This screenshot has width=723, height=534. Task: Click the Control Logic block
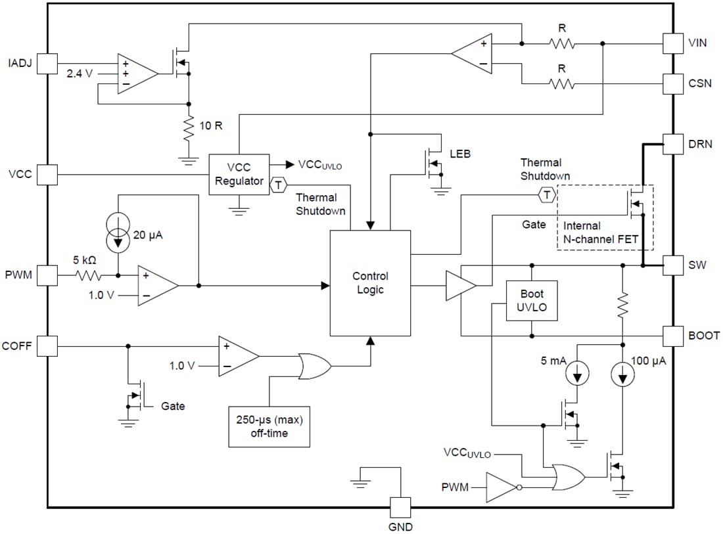click(370, 283)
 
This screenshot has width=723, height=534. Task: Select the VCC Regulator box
click(239, 174)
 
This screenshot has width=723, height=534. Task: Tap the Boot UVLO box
click(531, 300)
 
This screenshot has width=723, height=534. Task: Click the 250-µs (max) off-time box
click(269, 426)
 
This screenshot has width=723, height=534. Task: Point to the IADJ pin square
click(47, 64)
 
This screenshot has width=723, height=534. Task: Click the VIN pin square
click(672, 43)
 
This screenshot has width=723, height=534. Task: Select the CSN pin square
click(672, 83)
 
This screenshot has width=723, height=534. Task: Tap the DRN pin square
click(672, 144)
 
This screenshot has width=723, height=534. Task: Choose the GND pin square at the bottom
click(400, 507)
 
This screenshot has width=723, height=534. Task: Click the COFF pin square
click(47, 345)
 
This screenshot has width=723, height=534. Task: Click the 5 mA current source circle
click(576, 374)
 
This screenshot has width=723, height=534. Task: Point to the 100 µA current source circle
click(622, 374)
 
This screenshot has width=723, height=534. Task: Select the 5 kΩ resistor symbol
click(89, 275)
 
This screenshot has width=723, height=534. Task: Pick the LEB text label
click(460, 154)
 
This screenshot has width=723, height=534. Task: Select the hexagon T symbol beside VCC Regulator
click(278, 184)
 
